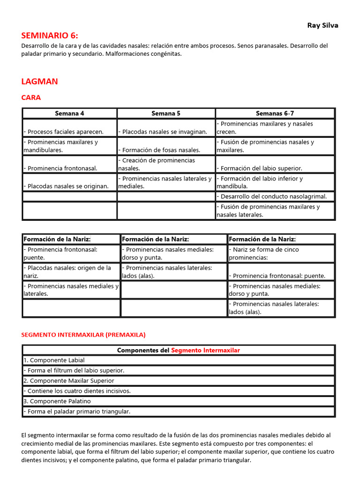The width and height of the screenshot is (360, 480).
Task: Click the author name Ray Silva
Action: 322,25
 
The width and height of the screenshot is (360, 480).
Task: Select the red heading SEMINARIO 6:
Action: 50,36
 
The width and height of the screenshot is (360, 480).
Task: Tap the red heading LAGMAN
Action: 39,82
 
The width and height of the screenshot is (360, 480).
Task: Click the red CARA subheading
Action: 31,97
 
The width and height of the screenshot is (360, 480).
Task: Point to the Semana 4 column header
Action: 69,113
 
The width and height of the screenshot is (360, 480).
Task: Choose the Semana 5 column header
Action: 166,113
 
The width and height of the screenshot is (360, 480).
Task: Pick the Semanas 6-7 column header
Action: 275,113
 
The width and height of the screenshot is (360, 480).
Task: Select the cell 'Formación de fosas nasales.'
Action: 159,150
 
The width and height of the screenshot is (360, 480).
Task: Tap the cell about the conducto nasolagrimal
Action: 272,196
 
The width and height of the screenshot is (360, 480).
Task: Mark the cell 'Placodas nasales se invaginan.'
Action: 163,132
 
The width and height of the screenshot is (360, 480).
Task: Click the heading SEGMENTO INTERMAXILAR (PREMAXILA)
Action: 83,335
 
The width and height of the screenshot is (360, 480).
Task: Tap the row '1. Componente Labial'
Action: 54,360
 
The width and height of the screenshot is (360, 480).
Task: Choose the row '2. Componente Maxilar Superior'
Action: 68,381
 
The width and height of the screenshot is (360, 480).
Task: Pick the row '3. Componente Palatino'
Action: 57,401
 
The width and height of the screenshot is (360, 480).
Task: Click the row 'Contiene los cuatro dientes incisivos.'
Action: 77,391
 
